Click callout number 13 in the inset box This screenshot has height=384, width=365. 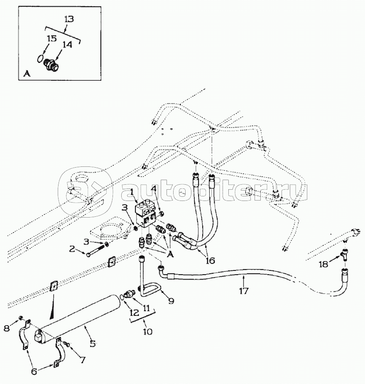pyautogui.click(x=69, y=19)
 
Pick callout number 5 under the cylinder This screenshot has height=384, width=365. pyautogui.click(x=93, y=343)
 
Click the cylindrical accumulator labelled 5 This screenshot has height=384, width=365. pyautogui.click(x=79, y=319)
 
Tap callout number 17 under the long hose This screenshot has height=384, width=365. pyautogui.click(x=244, y=291)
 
